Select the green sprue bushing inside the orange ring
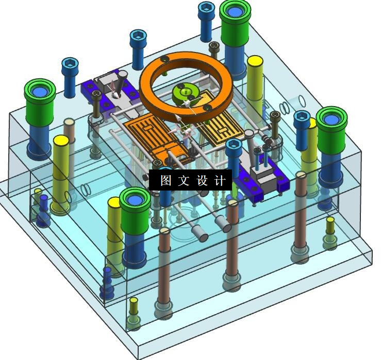click(x=186, y=94)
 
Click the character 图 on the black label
click(x=166, y=180)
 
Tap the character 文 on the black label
click(x=184, y=180)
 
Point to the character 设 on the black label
click(x=202, y=180)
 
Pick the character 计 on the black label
click(x=220, y=180)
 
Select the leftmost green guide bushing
click(x=40, y=102)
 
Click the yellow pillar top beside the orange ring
click(x=255, y=61)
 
